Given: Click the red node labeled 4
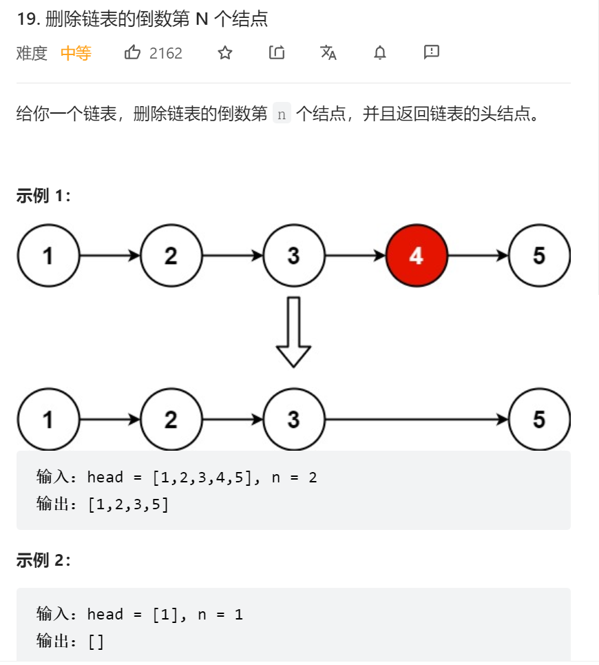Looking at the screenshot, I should pos(417,256).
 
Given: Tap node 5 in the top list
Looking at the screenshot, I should pos(539,256).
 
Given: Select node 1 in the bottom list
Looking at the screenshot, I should pos(48,420).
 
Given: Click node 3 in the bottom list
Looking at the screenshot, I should pos(293,420).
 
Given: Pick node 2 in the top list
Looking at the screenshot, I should pos(171,256).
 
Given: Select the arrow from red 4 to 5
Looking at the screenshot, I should pos(478,256).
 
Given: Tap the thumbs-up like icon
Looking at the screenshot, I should pos(132,52).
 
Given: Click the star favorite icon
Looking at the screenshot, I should pos(225,52).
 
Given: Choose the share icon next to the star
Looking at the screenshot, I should pos(277,52).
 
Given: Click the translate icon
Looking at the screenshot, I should pos(328,52).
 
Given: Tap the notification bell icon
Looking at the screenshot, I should pos(380,52).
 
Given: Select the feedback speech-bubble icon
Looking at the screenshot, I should pos(432,52).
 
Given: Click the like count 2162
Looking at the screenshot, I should pos(166,53).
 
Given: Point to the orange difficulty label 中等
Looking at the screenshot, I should pos(76,53).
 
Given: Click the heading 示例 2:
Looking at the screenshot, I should pos(43,560).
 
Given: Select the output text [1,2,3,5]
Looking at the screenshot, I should pos(129,505).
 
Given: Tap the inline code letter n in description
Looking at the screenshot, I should pos(282,114).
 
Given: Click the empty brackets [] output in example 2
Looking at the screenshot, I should pos(96,642).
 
